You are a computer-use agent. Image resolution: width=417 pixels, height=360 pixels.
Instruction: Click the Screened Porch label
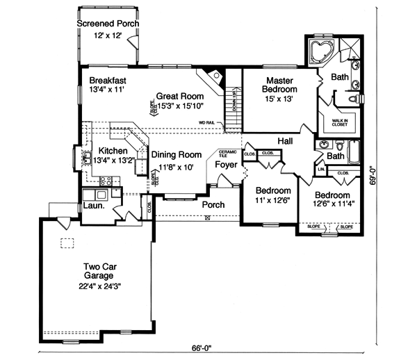tap(107, 24)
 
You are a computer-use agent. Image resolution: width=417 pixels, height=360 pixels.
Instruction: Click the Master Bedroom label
tap(279, 84)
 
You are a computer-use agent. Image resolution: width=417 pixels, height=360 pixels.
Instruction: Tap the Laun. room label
tap(94, 206)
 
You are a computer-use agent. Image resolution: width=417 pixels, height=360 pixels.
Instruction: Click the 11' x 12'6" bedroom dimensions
tap(271, 200)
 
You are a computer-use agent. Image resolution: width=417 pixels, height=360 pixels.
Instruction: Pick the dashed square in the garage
tap(67, 243)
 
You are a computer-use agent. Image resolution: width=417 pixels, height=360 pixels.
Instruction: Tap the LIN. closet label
tap(320, 169)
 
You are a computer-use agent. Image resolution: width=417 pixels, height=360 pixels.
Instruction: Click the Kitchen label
tap(111, 151)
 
